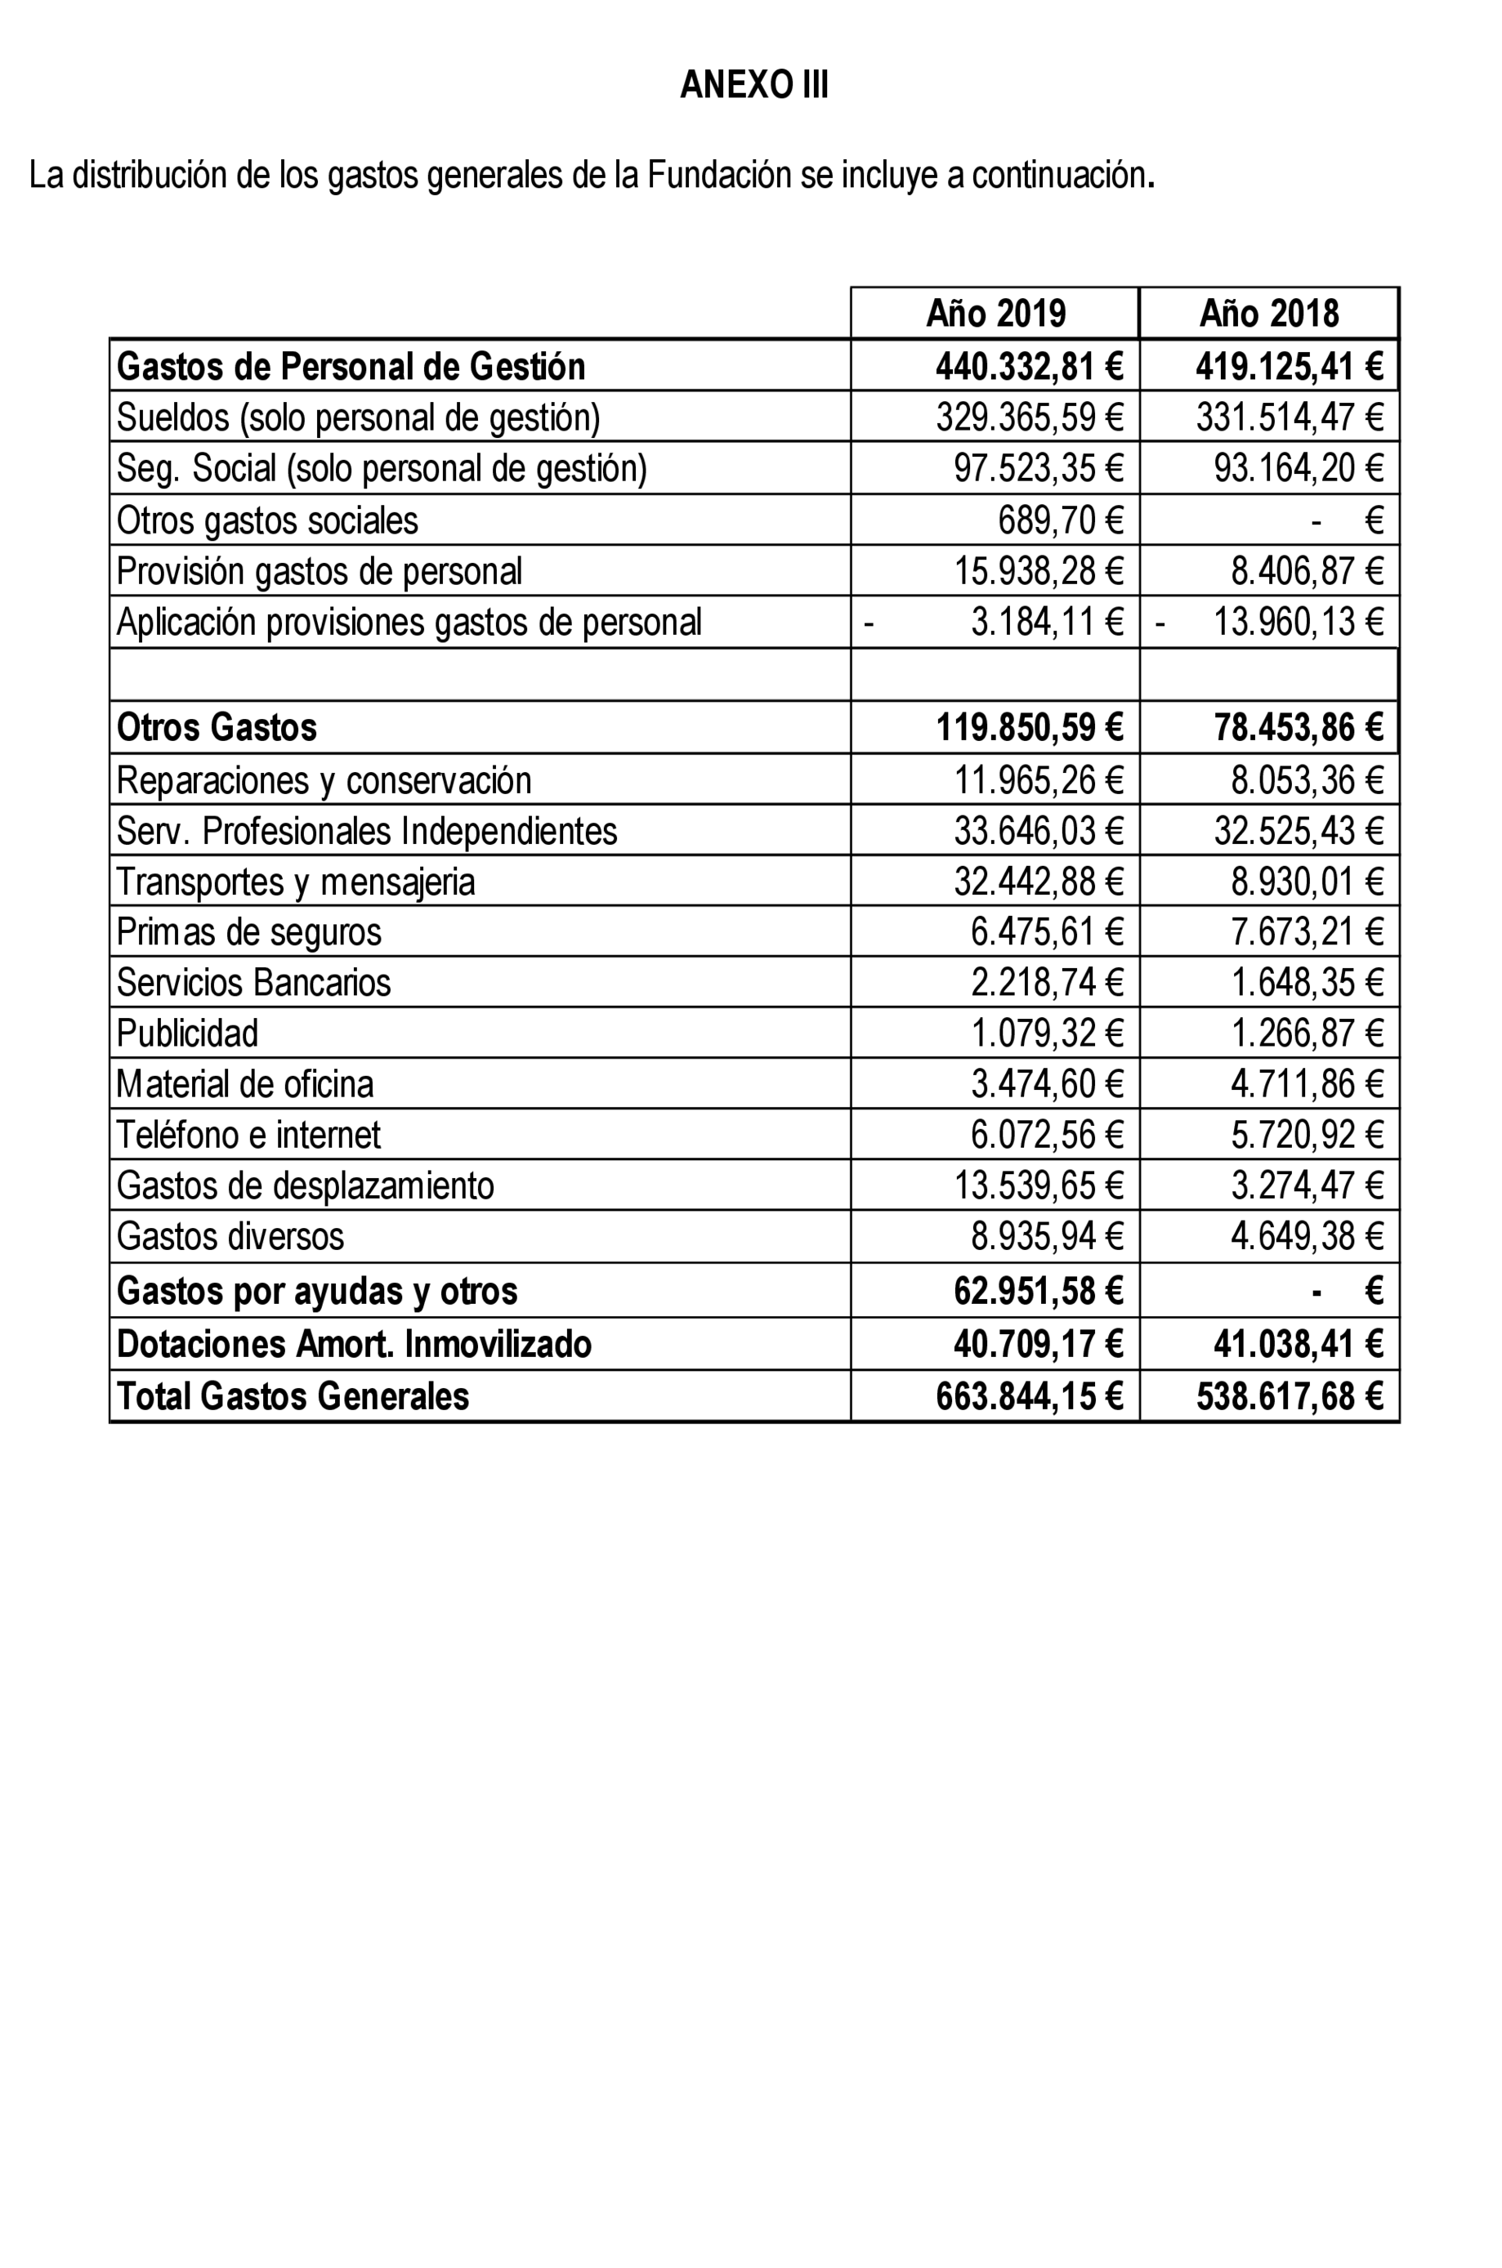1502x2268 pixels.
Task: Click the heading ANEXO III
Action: pos(754,85)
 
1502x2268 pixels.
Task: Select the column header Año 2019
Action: pos(995,313)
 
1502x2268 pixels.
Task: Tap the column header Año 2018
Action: pos(1268,313)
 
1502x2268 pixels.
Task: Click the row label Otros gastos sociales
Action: pos(267,520)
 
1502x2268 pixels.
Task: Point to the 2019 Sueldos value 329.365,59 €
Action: pos(1029,417)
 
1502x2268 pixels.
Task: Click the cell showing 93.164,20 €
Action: pos(1298,467)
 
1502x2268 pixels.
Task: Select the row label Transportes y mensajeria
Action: pos(295,882)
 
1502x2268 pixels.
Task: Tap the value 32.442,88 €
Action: pos(1037,882)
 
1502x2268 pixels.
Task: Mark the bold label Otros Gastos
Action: pos(217,727)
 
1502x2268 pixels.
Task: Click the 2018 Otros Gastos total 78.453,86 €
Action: pos(1298,727)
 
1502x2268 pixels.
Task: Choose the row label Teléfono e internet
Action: pos(248,1135)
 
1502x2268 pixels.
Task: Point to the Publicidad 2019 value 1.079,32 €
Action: pos(1046,1034)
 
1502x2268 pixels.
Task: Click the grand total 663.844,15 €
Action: pos(1029,1396)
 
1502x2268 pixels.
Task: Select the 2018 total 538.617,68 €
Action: pos(1290,1396)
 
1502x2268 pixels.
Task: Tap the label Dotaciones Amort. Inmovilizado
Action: pos(354,1344)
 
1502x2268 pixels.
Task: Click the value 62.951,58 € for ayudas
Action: pos(1037,1291)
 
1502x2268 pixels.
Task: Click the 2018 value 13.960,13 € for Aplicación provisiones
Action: pos(1298,622)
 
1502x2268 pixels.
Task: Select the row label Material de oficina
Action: pos(244,1084)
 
